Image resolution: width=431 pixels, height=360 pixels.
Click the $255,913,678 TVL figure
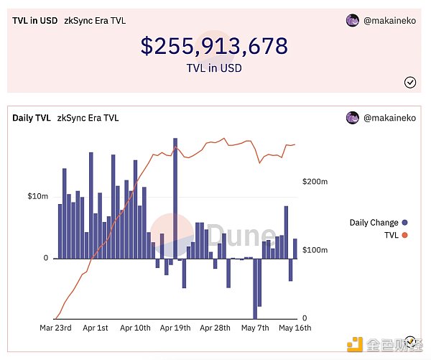point(214,46)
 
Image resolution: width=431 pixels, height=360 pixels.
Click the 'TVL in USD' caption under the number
point(214,69)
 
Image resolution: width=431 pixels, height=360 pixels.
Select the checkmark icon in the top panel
point(410,82)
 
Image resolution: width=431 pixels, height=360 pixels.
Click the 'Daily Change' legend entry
point(374,223)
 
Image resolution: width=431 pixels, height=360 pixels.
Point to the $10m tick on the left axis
point(37,196)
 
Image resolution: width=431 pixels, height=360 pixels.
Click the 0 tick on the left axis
point(45,258)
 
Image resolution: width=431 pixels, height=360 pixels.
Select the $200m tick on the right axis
point(315,183)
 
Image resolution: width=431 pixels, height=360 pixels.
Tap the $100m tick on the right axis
point(315,250)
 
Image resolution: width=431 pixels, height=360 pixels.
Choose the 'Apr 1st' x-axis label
point(95,328)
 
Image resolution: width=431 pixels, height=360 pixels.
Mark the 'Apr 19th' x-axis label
point(175,328)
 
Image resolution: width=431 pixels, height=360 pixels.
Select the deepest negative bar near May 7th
point(255,287)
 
